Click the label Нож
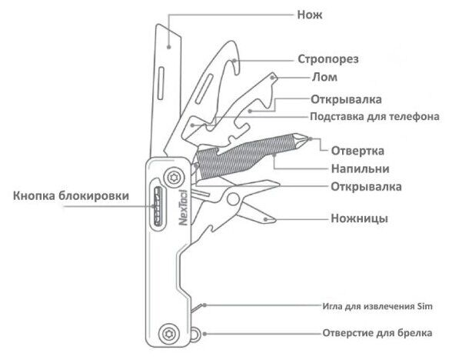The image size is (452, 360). pos(310,15)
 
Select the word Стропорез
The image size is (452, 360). pos(328,59)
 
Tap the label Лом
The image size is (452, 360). pos(324,77)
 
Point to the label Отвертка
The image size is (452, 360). pos(357,151)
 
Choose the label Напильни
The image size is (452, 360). pos(360,168)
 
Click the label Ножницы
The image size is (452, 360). pos(359,218)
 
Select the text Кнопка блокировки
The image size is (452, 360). pos(71,196)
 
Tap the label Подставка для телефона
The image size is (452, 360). pos(374,117)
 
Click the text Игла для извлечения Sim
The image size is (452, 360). pos(377,306)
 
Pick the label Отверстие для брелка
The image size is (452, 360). pos(377,333)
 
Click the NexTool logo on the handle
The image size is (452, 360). pos(183,208)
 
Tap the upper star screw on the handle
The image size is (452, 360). pos(174,177)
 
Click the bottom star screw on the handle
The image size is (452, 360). pos(168,334)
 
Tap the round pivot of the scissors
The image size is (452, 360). pos(233,199)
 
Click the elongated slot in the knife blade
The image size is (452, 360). pos(161,83)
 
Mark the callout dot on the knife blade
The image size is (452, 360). pos(169,46)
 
